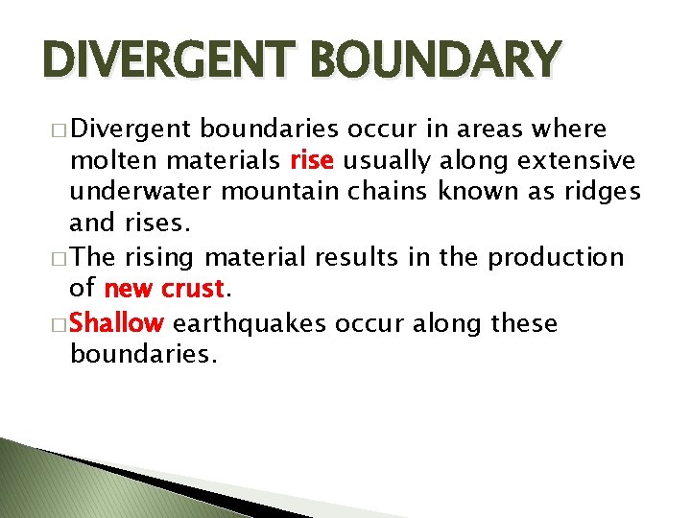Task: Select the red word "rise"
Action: (x=313, y=159)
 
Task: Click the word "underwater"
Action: (x=141, y=192)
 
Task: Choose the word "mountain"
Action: (x=280, y=192)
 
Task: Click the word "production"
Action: (x=556, y=257)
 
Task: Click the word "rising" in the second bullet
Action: (x=159, y=257)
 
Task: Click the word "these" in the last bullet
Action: (x=523, y=322)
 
